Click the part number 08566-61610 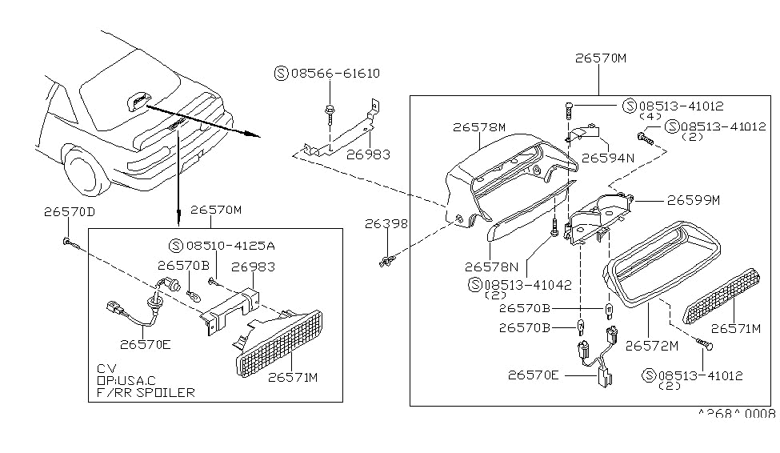pos(334,74)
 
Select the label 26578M pos(479,126)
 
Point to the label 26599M pos(694,200)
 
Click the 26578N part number pos(491,267)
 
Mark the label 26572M pos(651,346)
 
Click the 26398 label pos(387,225)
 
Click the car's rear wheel pos(85,171)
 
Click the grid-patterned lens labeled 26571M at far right pos(719,295)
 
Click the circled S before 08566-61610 pos(280,74)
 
